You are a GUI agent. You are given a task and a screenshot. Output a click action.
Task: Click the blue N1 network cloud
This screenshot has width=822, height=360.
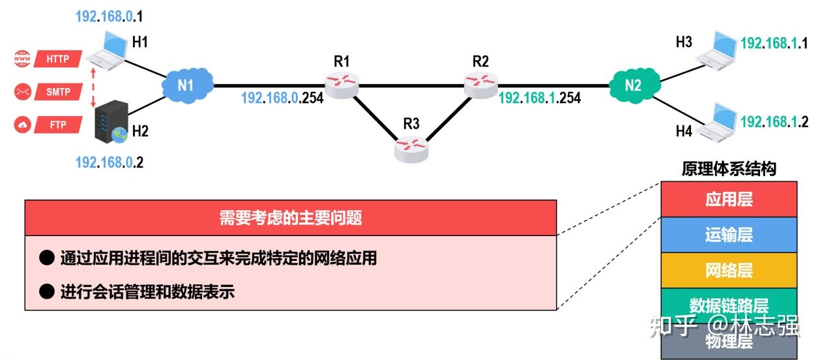(186, 85)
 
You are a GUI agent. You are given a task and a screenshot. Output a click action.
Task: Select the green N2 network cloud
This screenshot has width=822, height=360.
(633, 85)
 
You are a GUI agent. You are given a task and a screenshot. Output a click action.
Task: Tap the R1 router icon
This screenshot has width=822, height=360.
(342, 83)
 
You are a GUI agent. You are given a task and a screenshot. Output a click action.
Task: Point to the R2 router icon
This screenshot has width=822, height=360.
(481, 83)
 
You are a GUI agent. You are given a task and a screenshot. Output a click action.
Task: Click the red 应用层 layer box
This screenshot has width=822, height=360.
(729, 199)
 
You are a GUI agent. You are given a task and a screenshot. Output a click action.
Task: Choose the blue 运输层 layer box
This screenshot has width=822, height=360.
(729, 234)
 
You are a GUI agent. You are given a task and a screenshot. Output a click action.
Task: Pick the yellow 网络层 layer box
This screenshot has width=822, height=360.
(729, 270)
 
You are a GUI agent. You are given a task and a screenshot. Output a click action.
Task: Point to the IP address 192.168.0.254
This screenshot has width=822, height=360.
(282, 98)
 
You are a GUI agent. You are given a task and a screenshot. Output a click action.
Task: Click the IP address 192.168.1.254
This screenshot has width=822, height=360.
(539, 98)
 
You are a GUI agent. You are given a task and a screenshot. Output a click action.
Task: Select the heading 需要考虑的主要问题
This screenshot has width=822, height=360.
(291, 218)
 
